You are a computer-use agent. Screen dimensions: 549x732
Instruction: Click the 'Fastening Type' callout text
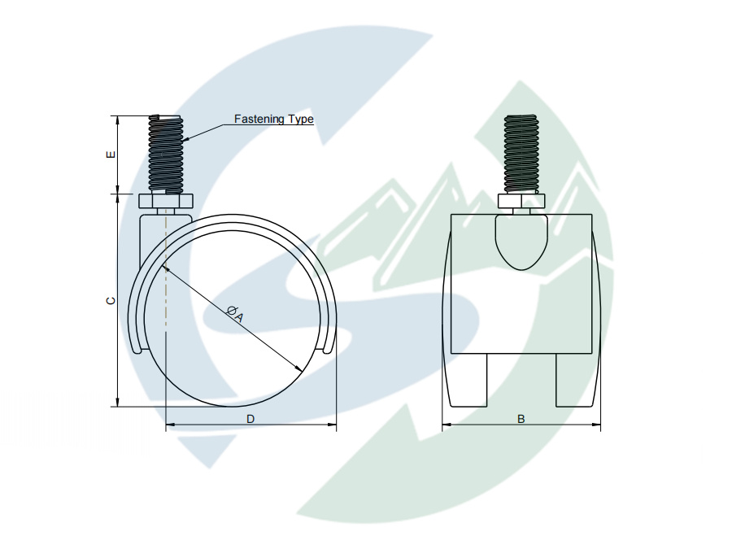coord(273,120)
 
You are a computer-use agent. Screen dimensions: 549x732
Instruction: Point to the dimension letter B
coord(521,419)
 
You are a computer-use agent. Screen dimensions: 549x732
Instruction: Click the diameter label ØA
coord(234,312)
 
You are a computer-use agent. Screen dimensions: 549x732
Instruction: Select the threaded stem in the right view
coord(521,154)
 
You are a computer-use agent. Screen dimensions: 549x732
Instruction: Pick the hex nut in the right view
coord(521,202)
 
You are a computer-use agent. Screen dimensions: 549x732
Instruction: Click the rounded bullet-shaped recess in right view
coord(521,241)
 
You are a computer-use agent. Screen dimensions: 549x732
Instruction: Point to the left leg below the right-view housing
coord(469,380)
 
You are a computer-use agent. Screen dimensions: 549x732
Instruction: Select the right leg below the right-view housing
coord(573,380)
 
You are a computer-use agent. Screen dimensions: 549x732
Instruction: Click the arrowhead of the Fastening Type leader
coord(187,140)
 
